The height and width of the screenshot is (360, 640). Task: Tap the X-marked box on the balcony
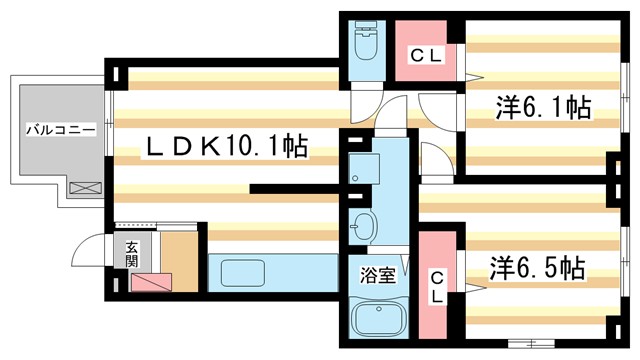85,186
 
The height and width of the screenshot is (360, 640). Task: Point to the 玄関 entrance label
130,256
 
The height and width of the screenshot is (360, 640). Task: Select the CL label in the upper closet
422,58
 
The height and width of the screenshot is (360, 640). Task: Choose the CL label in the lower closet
438,284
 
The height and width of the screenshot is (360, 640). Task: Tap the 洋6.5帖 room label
536,268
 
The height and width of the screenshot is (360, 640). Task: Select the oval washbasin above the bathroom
363,227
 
